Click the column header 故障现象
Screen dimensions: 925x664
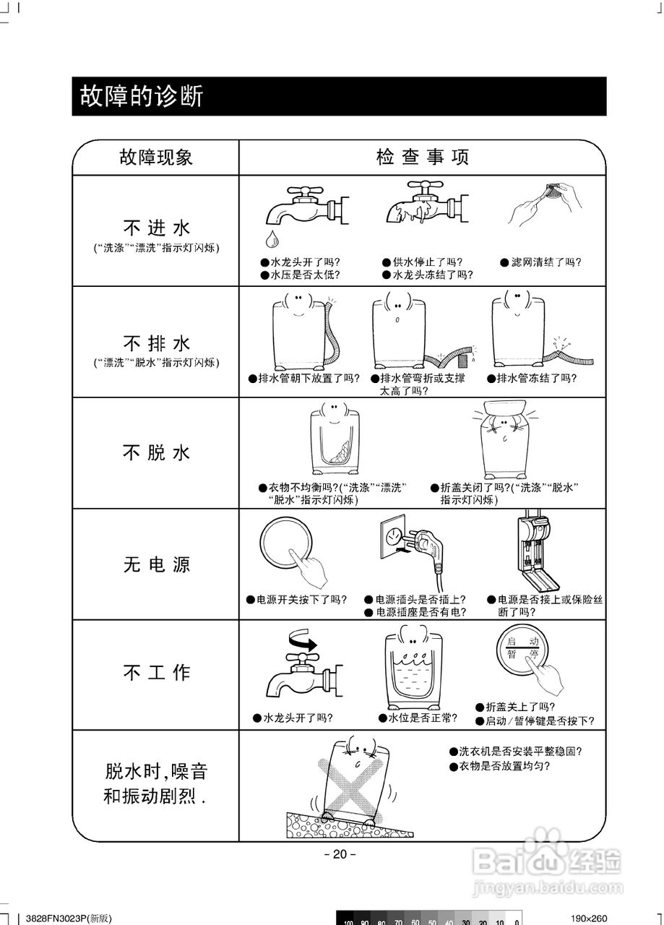point(156,157)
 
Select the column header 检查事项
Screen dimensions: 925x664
point(423,157)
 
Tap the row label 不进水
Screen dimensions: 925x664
point(156,229)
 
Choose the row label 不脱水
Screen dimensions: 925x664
point(156,452)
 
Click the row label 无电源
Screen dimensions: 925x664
point(156,564)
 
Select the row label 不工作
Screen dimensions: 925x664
point(156,673)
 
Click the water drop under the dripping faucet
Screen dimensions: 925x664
point(270,238)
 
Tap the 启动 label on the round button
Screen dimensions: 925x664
point(522,641)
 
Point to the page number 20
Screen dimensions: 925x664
point(340,854)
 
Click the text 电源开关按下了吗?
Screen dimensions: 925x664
point(297,600)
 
